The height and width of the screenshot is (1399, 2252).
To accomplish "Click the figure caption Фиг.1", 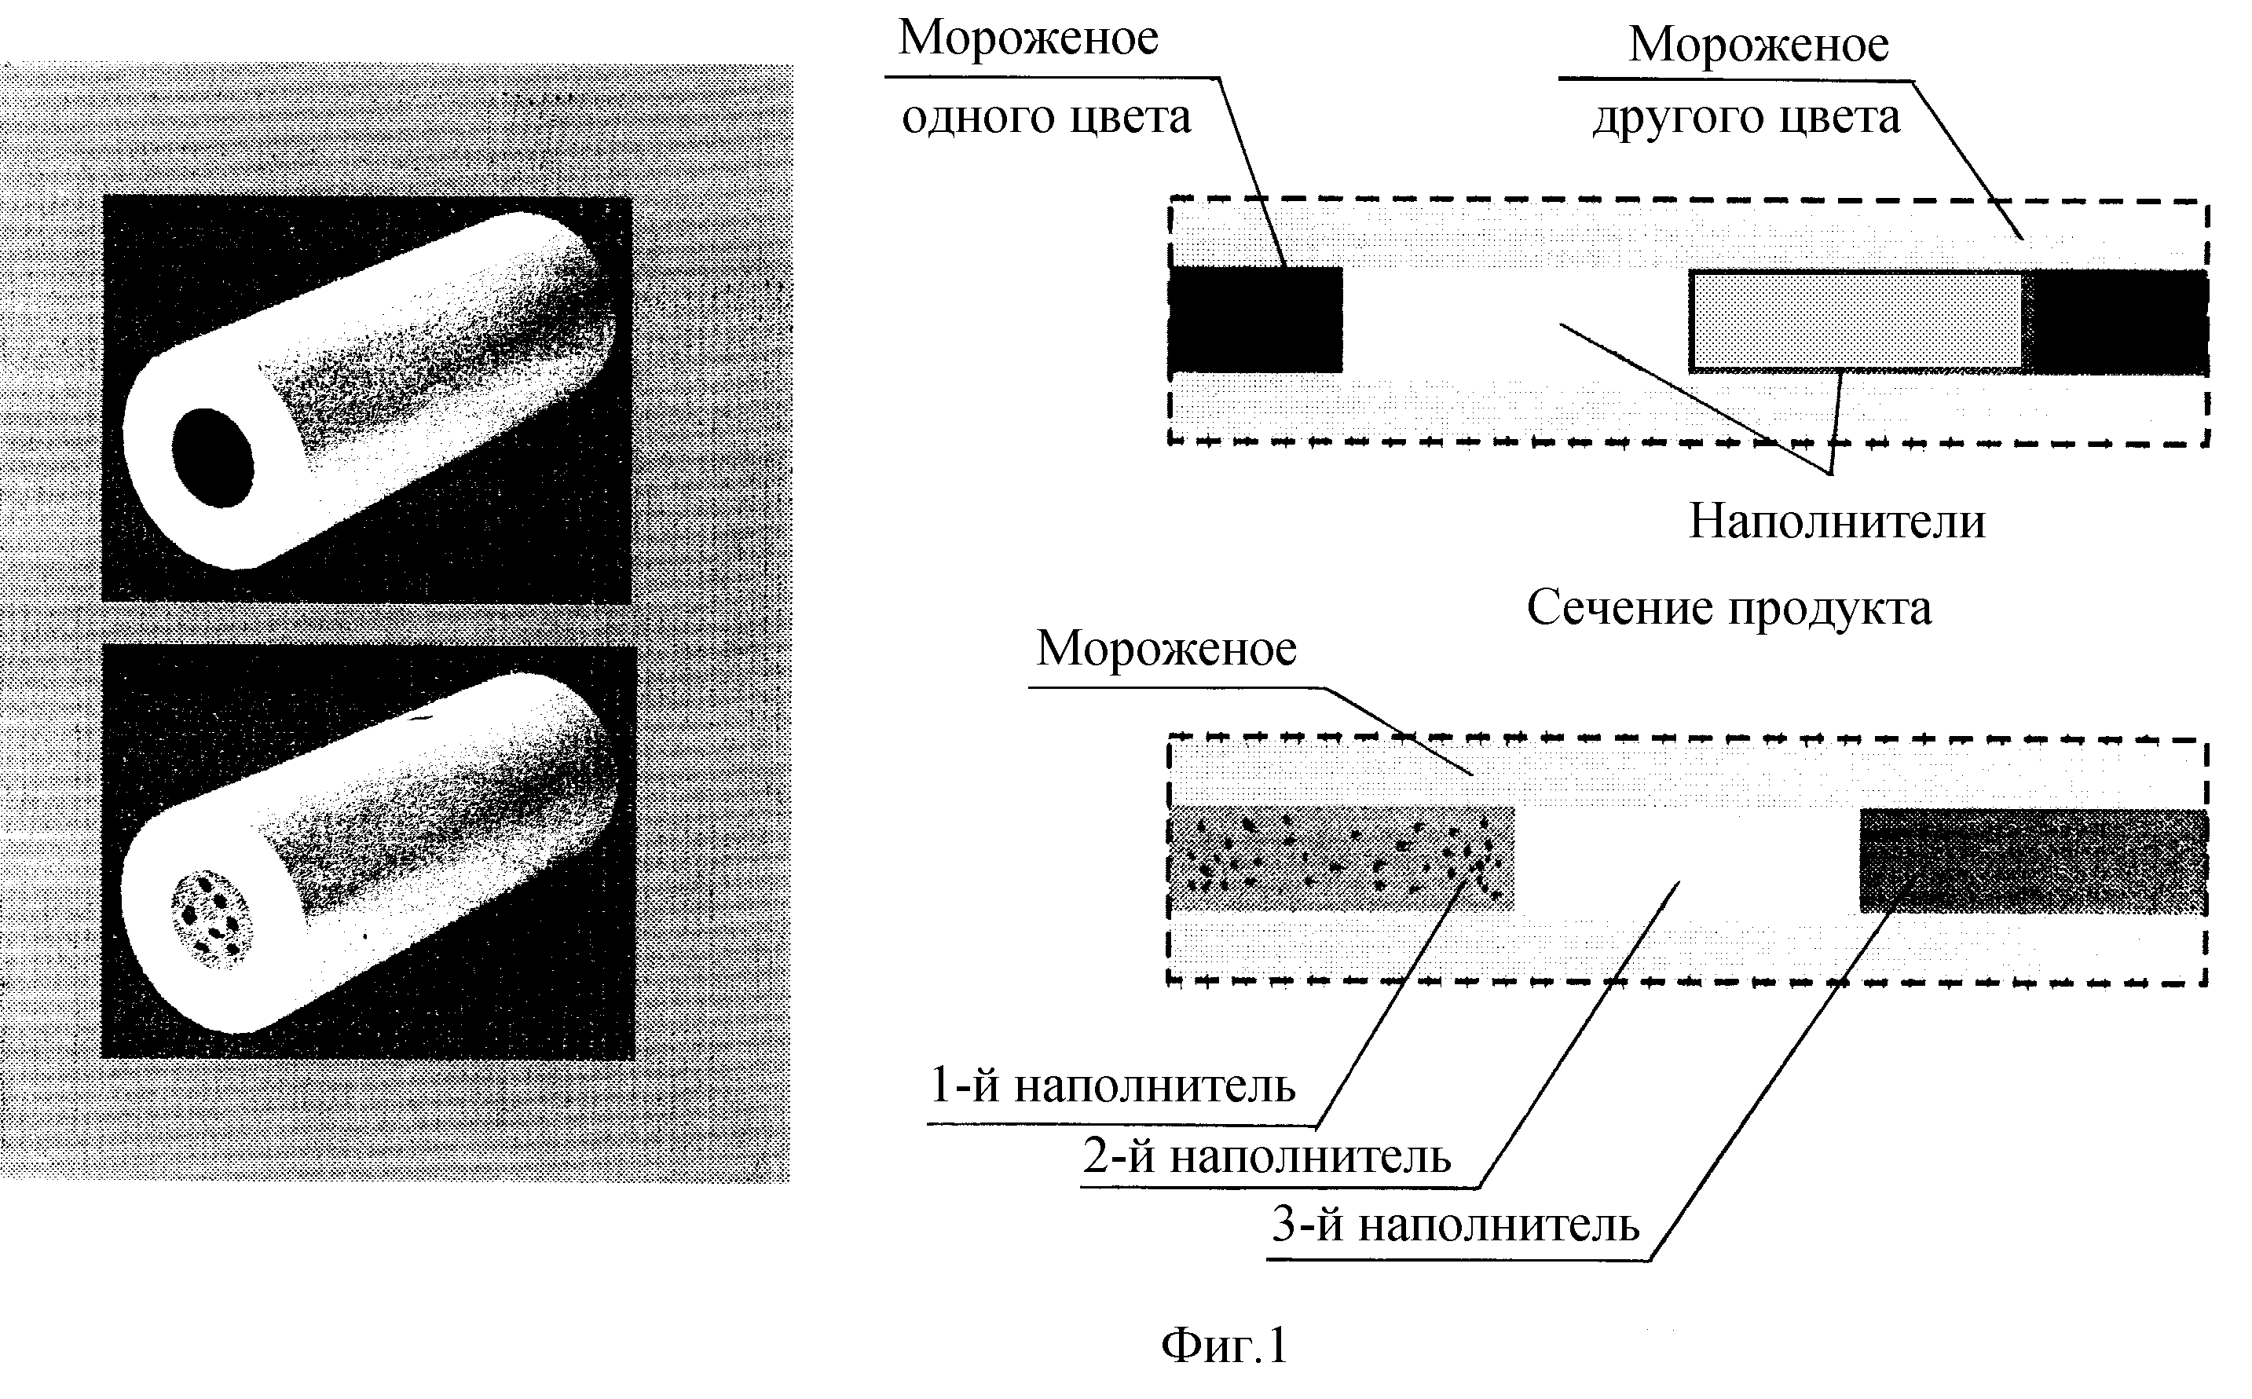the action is [1224, 1346].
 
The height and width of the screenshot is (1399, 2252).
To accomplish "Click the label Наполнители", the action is [1836, 521].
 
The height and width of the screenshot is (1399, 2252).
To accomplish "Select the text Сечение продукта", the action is [1729, 609].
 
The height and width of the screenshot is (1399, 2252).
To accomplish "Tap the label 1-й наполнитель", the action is [1112, 1085].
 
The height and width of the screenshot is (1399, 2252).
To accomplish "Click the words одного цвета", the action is [1046, 119].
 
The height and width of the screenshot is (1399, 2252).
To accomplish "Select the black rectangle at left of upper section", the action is [1255, 320].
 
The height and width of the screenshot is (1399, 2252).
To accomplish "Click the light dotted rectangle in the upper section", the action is [1855, 321].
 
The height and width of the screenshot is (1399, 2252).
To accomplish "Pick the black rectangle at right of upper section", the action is [2115, 322].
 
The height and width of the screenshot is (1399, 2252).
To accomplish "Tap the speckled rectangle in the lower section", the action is [1342, 858].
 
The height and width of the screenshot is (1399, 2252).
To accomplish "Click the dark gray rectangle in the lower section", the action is [2034, 860].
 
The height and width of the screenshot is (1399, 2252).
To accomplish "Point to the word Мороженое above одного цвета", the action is [1029, 38].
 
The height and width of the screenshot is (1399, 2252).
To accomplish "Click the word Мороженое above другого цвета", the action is [1759, 46].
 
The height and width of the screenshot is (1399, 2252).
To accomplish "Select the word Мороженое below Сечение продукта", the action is [1166, 649].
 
